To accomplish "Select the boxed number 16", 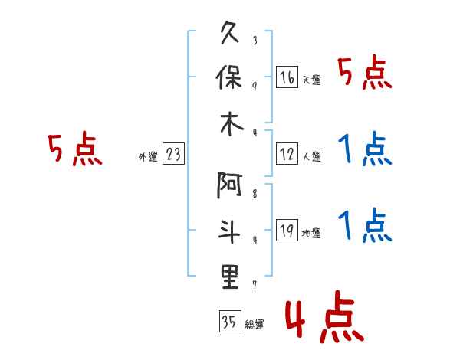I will pos(287,78).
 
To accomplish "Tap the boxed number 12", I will pos(287,155).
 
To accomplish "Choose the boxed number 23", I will pos(173,155).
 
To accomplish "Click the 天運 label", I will pos(311,80).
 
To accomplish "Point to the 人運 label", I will pos(311,157).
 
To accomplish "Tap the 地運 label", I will pos(311,234).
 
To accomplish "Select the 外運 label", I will pos(148,157).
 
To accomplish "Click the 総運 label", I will pos(254,324).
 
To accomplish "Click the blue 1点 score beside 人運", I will pos(364,149).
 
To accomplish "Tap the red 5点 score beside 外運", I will pos(74,149).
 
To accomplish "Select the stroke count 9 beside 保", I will pos(254,85).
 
